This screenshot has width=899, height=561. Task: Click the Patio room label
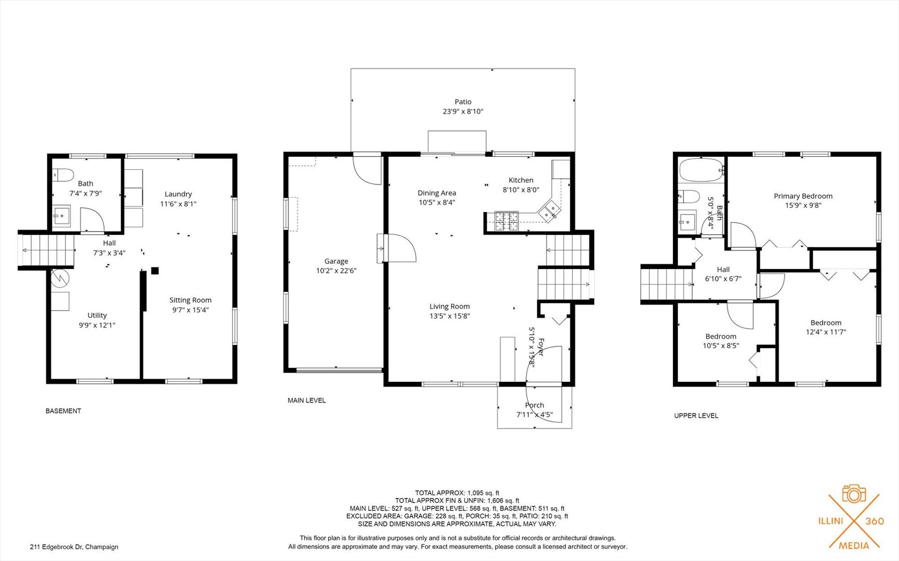[463, 102]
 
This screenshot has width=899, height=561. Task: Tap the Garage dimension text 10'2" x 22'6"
[336, 271]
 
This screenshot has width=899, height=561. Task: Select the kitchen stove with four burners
[506, 221]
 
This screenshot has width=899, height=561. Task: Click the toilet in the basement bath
[63, 174]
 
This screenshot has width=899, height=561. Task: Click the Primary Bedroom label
[803, 196]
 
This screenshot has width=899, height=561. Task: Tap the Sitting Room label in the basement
[190, 300]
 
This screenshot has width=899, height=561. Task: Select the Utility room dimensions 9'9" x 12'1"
[97, 325]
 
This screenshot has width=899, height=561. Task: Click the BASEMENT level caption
[63, 411]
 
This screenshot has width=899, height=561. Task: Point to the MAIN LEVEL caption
[307, 400]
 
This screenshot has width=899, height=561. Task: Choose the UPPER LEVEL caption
[696, 416]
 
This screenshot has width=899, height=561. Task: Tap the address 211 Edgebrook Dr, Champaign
[74, 547]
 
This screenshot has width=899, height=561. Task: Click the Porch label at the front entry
[535, 405]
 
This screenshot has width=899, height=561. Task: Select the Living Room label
[450, 306]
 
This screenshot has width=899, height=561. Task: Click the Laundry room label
[178, 194]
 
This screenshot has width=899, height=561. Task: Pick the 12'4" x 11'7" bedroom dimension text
[826, 332]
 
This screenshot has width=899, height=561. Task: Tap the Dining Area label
[437, 193]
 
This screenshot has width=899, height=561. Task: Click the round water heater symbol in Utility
[60, 278]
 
